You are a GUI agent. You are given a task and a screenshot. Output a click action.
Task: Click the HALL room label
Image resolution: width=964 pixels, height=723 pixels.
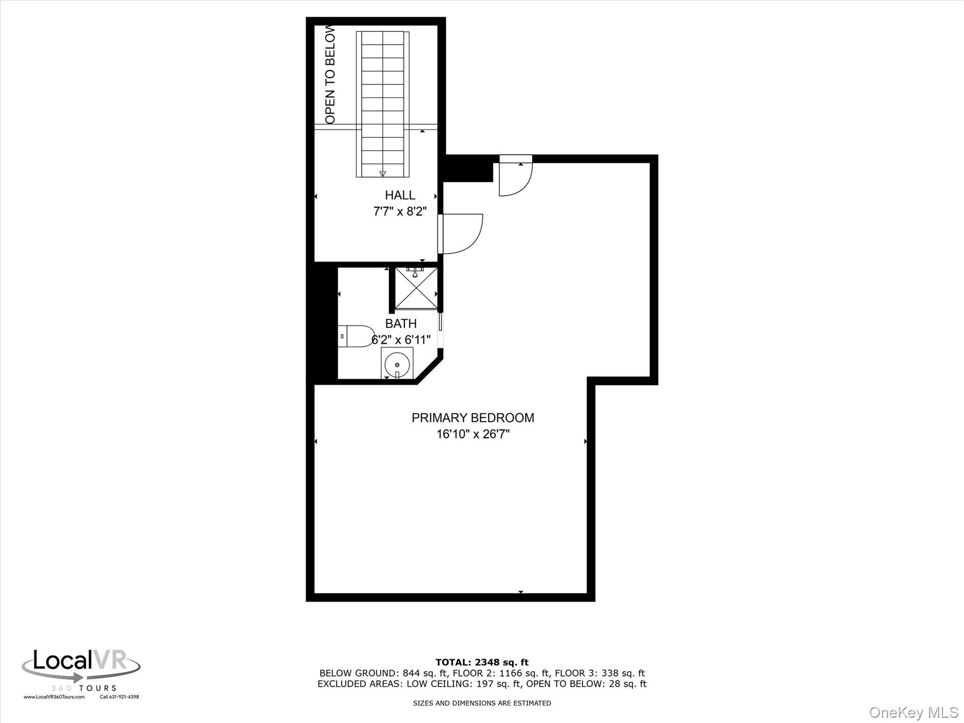(400, 195)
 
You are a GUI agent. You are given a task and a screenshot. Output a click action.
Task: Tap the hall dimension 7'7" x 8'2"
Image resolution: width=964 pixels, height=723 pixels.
(400, 211)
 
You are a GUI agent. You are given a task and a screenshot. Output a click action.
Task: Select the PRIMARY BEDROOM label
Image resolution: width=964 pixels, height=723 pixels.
(473, 418)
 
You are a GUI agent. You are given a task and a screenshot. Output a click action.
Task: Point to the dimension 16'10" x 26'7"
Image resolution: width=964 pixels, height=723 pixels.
(473, 434)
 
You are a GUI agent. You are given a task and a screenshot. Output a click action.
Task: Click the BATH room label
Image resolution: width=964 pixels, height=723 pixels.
(401, 323)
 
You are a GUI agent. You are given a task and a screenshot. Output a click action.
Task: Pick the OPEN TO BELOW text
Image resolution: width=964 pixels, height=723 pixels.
(330, 74)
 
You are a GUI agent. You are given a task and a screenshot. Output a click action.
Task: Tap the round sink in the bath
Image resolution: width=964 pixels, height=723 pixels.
(397, 364)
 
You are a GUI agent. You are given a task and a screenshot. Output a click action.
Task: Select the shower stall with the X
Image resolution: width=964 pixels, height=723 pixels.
(416, 288)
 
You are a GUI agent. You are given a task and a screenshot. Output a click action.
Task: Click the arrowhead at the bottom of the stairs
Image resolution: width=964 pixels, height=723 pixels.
(383, 173)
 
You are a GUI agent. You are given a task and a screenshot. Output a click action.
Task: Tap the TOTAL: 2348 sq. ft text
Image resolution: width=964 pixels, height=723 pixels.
(482, 662)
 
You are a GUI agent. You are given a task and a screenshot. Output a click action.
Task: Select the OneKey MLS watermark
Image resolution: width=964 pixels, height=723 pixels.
(914, 712)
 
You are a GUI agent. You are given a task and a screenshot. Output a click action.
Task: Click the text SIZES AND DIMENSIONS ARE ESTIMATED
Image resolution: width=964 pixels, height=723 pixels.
(482, 703)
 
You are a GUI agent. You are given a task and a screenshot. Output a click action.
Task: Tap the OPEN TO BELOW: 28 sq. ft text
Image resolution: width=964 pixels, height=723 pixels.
(586, 684)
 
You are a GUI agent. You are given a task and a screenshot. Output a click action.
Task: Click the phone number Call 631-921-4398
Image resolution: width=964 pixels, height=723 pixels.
(119, 697)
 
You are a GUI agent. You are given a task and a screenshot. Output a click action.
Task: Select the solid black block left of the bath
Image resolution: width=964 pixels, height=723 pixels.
(322, 323)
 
